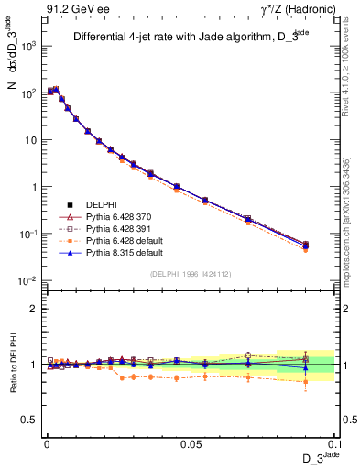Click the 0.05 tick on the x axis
pos(191,444)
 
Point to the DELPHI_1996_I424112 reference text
pos(191,273)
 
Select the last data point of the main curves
pos(306,245)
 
